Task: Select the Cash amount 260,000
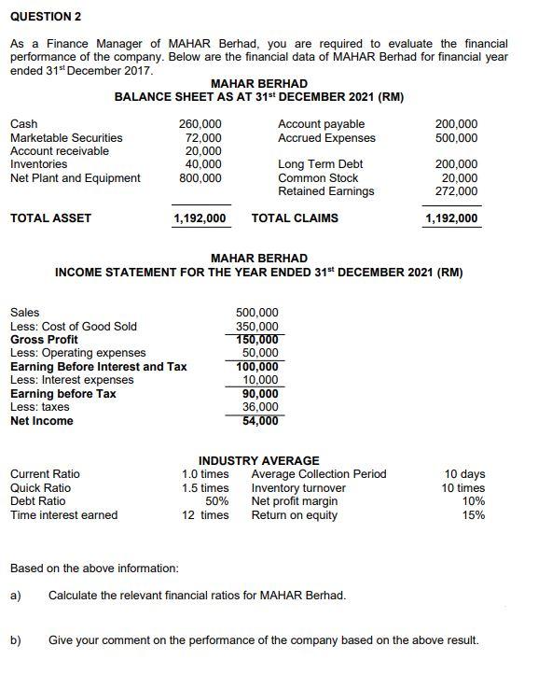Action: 200,124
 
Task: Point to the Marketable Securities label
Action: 65,137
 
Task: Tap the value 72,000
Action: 203,137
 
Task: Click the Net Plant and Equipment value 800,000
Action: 200,177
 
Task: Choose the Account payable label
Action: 321,124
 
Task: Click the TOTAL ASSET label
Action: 50,218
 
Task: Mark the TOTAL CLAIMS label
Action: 295,218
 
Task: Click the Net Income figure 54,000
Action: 260,420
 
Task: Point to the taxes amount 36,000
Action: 260,407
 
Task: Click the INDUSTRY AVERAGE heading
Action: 258,460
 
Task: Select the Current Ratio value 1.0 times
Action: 205,474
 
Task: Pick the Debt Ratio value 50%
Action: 216,501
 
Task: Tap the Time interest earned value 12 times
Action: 205,514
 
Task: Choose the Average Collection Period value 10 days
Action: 464,474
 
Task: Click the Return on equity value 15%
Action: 474,514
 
